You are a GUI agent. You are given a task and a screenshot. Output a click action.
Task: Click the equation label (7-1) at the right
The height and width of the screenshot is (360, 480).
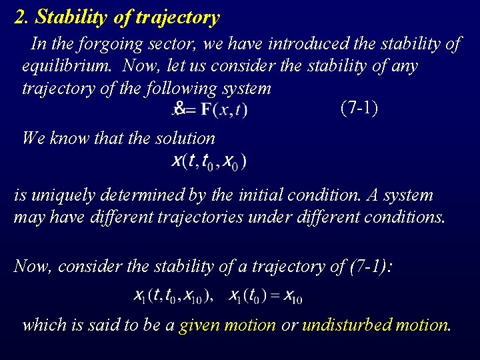359,107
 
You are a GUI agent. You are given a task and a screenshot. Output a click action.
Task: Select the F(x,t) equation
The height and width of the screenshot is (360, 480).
210,109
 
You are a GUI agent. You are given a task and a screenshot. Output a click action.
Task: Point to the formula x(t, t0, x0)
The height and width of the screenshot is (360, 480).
209,161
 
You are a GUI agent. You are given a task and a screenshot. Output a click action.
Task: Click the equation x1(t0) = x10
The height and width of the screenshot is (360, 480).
265,296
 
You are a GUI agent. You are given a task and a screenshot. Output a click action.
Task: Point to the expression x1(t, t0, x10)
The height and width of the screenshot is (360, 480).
173,296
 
